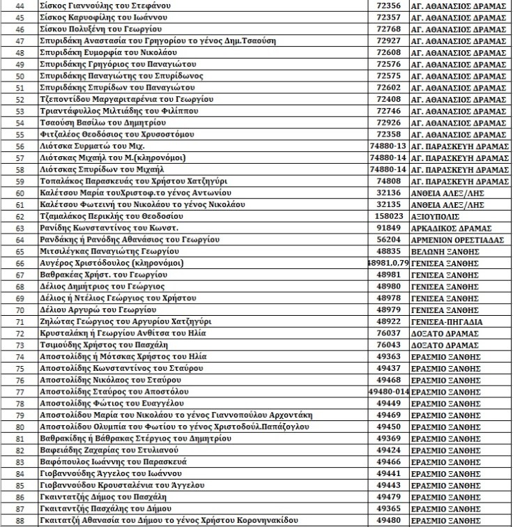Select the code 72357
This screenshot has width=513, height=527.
pos(388,17)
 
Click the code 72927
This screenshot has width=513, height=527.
pos(388,40)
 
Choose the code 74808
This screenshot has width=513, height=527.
pos(388,181)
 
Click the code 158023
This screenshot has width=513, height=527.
pos(388,216)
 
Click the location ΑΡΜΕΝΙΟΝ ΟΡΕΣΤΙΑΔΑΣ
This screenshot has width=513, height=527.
pos(459,240)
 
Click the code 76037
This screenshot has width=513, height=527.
pos(388,333)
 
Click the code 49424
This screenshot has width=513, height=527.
pos(388,450)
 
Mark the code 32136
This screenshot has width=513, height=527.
pos(388,192)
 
